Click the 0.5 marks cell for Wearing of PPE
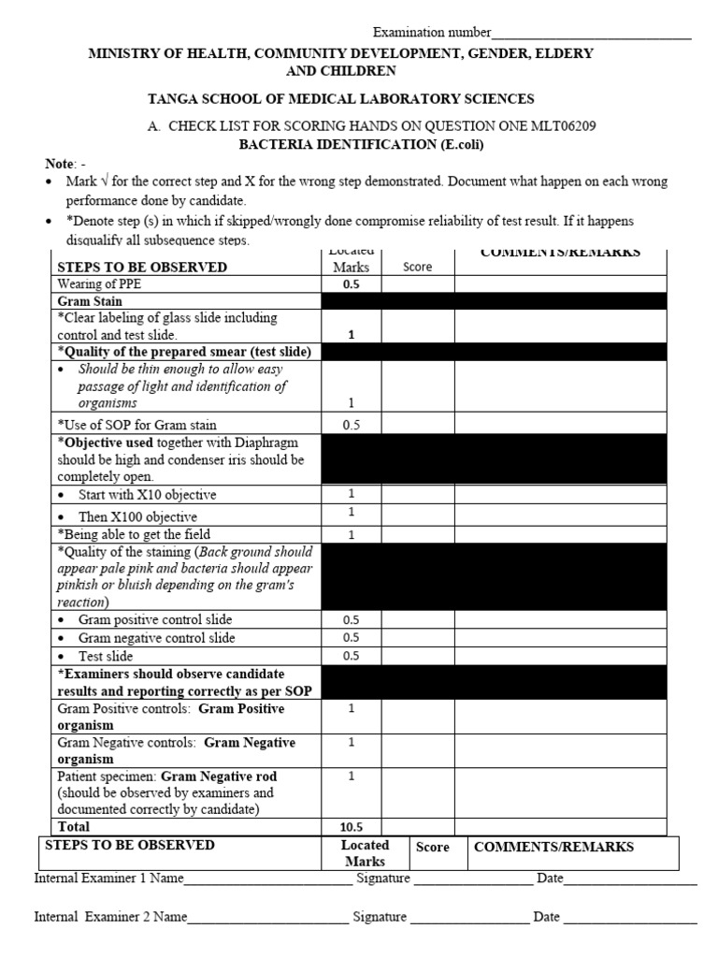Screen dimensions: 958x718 351,284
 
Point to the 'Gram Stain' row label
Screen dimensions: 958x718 92,301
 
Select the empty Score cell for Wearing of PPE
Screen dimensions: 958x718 418,284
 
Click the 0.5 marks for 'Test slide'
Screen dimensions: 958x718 351,656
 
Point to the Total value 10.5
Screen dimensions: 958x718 352,827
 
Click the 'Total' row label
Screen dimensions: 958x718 74,827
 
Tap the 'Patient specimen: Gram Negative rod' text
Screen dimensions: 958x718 167,777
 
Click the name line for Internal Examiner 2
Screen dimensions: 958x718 267,918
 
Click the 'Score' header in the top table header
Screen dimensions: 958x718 417,267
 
